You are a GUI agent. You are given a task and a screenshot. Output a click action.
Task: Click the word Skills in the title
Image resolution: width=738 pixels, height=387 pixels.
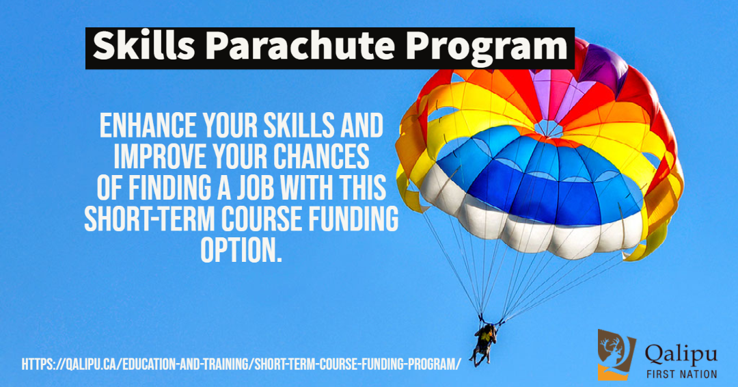pos(143,46)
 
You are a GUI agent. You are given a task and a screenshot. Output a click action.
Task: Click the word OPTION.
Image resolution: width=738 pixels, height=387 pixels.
pos(241,250)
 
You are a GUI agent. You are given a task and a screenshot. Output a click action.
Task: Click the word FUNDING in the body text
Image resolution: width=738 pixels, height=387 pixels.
pos(353,218)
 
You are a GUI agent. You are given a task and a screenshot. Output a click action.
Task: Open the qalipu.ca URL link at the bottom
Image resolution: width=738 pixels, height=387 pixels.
pos(241,364)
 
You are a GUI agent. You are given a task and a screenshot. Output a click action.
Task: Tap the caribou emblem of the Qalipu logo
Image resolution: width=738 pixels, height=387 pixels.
pos(616,354)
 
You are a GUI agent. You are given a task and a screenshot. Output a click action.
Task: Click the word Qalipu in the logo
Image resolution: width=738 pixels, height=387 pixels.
pos(681,354)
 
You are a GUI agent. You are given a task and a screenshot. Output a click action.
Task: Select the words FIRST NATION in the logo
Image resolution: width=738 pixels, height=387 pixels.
pos(681,374)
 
